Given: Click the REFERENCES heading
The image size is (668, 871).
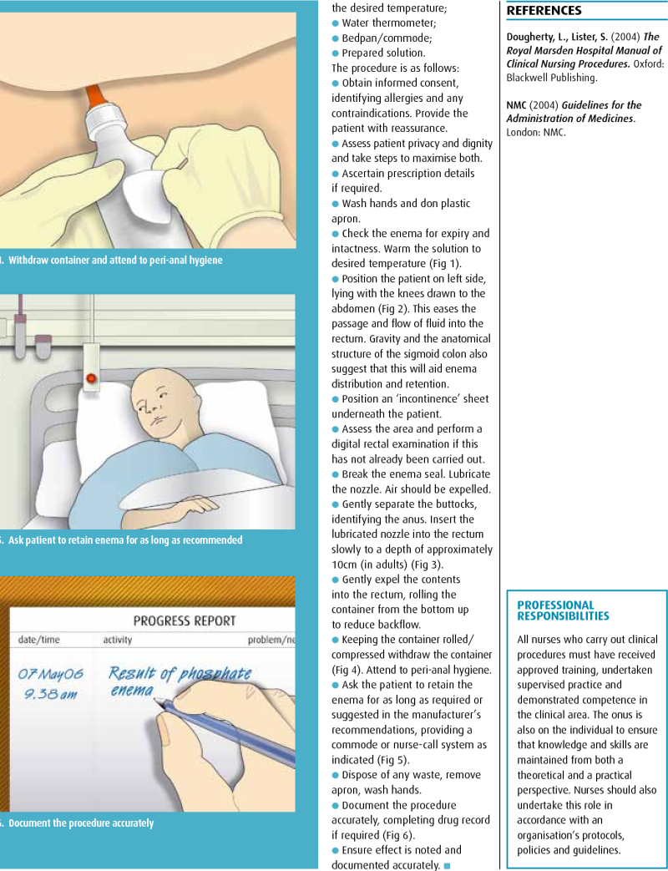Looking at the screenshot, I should pyautogui.click(x=544, y=11).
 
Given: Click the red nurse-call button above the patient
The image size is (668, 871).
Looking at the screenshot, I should pyautogui.click(x=91, y=378).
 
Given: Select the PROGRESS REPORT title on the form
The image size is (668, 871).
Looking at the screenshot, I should pyautogui.click(x=185, y=620).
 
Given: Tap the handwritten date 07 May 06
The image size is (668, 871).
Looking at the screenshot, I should pyautogui.click(x=49, y=672).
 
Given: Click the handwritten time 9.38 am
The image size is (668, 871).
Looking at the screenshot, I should pyautogui.click(x=48, y=693).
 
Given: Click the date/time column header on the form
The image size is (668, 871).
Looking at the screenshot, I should pyautogui.click(x=39, y=640).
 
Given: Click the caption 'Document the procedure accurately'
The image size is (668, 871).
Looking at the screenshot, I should pyautogui.click(x=80, y=823).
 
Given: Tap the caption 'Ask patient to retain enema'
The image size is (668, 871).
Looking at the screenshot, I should pyautogui.click(x=125, y=539).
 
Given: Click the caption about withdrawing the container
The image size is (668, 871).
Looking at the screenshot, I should pyautogui.click(x=115, y=260).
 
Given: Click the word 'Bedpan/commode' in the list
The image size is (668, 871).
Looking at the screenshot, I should pyautogui.click(x=377, y=38).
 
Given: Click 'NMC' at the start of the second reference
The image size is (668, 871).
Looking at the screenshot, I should pyautogui.click(x=518, y=105).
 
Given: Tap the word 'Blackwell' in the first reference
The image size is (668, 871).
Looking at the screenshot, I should pyautogui.click(x=529, y=78).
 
